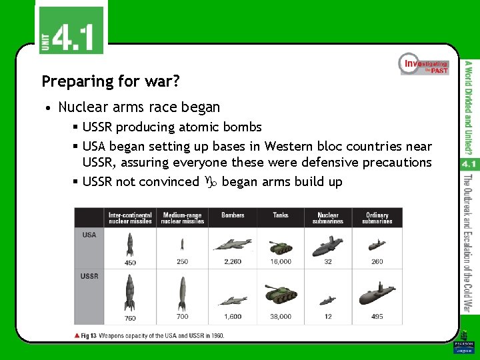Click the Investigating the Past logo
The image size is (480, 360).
coord(424,64)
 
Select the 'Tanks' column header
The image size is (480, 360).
coord(281,215)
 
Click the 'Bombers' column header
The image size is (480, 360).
coord(233,215)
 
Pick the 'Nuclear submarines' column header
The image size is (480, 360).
coord(328,218)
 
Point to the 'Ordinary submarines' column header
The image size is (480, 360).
coord(377,218)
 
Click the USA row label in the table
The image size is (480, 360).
coord(89,235)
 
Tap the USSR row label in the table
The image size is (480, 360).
coord(90,276)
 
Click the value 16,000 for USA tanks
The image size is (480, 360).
coord(281,262)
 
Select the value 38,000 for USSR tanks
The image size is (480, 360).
coord(281,317)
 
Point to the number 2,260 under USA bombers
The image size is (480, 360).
coord(233,262)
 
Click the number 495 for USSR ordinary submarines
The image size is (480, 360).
coord(377,317)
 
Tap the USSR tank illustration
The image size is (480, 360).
coord(281,294)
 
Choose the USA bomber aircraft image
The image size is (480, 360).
coord(233,245)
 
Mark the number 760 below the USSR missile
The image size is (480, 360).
coord(130,318)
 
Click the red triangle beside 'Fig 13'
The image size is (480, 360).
coord(77,335)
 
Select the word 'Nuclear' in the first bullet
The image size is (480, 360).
coord(84,107)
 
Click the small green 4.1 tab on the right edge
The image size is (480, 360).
coord(466,163)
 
